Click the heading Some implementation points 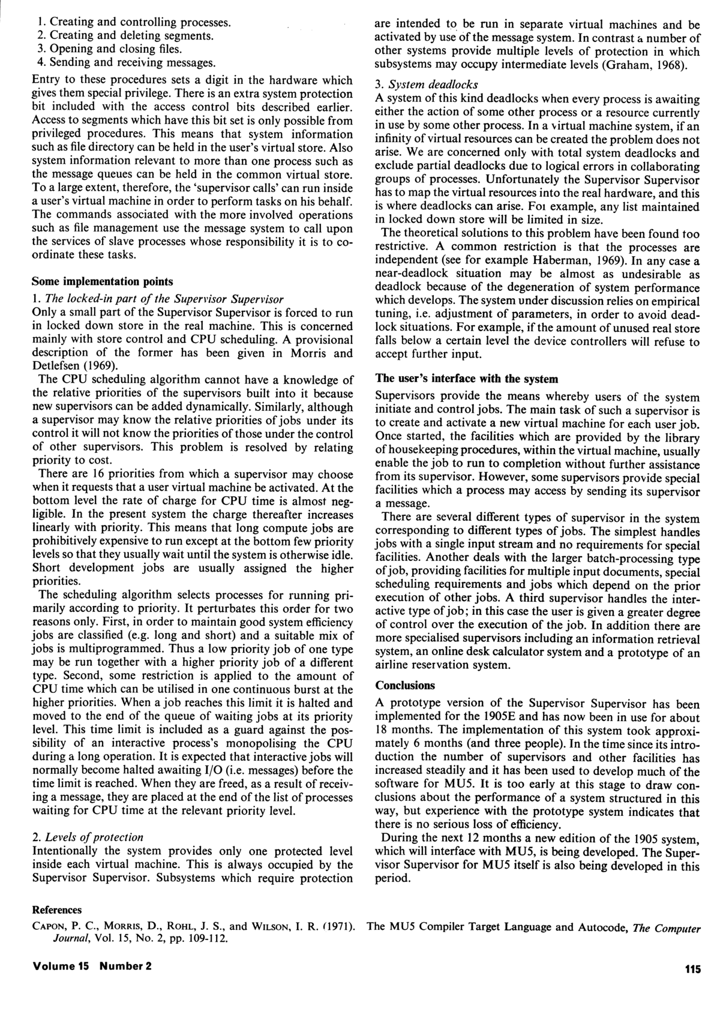click(102, 281)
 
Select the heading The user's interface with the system click(466, 379)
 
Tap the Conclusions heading click(404, 685)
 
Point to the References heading click(56, 910)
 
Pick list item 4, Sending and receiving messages click(125, 62)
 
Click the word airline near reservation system click(393, 665)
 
